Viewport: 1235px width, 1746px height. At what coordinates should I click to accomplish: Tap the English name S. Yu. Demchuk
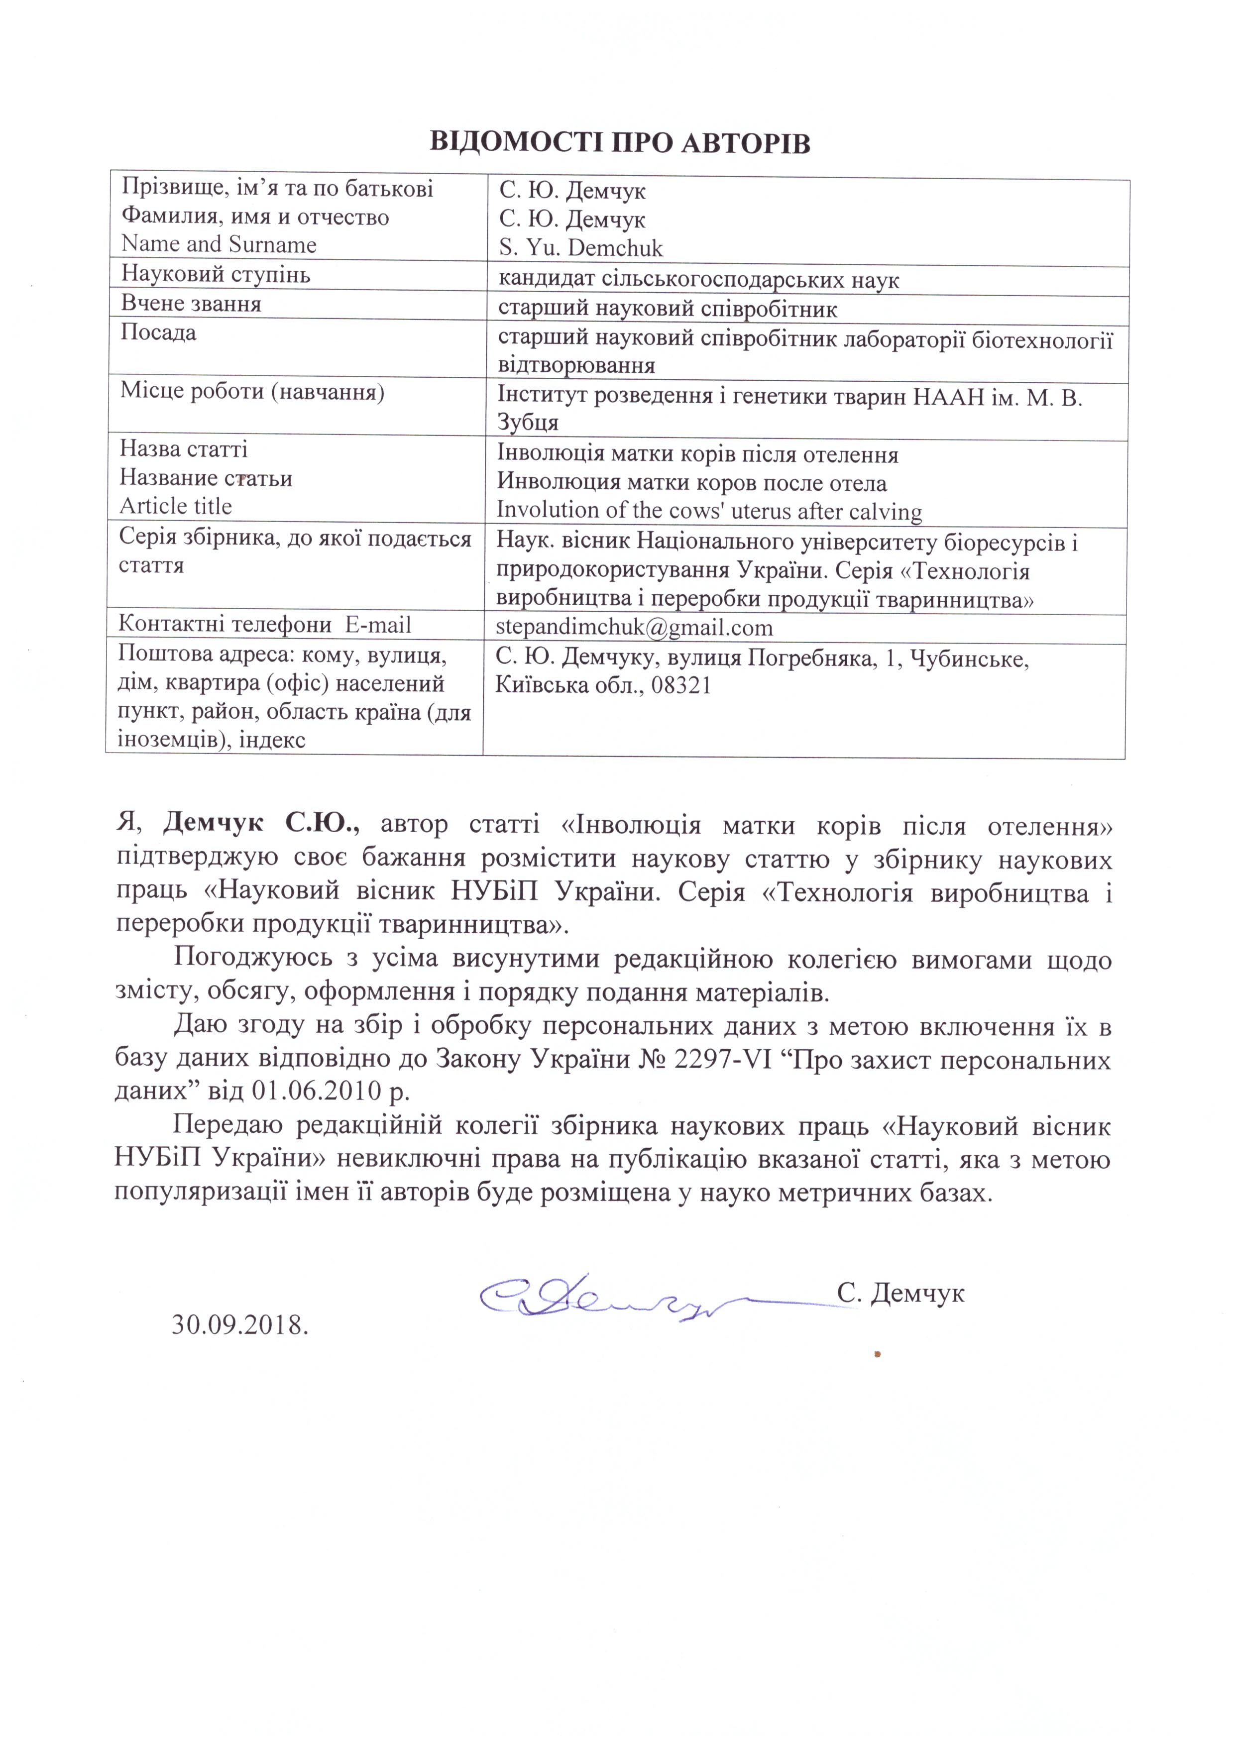[x=581, y=248]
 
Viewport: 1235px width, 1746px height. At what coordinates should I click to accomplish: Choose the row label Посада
[x=159, y=332]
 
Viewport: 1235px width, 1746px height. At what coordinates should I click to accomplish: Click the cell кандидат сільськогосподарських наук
[x=698, y=279]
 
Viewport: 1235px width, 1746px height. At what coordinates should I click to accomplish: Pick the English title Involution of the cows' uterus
[x=709, y=511]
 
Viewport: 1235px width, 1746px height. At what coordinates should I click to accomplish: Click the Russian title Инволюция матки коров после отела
[x=692, y=483]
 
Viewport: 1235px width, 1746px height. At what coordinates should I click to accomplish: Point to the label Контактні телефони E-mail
[x=265, y=625]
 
